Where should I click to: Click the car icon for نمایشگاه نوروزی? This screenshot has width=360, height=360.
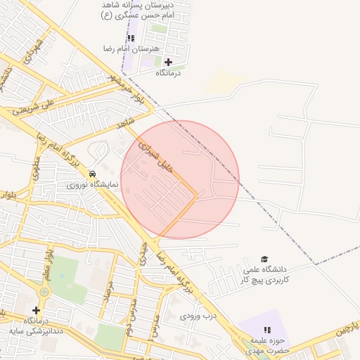[x=93, y=174]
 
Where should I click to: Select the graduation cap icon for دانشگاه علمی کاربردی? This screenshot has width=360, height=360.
[x=264, y=259]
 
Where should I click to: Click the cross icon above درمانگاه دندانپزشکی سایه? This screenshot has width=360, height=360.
[x=36, y=310]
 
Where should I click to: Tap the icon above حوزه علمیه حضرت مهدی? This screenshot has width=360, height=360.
[x=266, y=329]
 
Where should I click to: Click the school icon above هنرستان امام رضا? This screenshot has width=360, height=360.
[x=131, y=38]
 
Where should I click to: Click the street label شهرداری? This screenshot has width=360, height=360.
[x=35, y=51]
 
